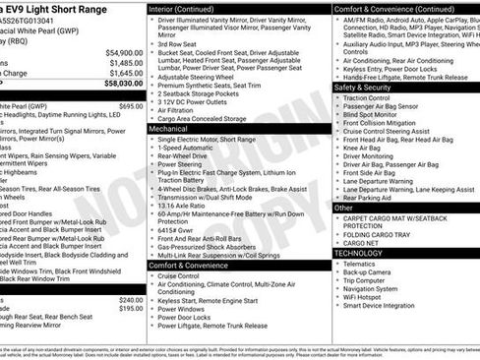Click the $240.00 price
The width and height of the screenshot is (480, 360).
tap(131, 300)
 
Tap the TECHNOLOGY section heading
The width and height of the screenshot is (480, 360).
tap(358, 253)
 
